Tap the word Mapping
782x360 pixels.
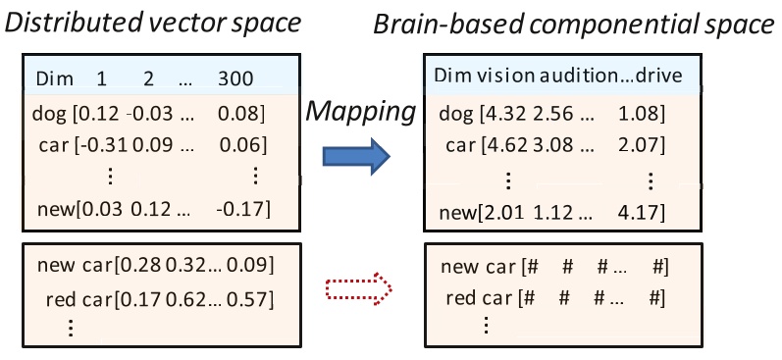[x=359, y=111]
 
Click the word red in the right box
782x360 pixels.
[x=461, y=297]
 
